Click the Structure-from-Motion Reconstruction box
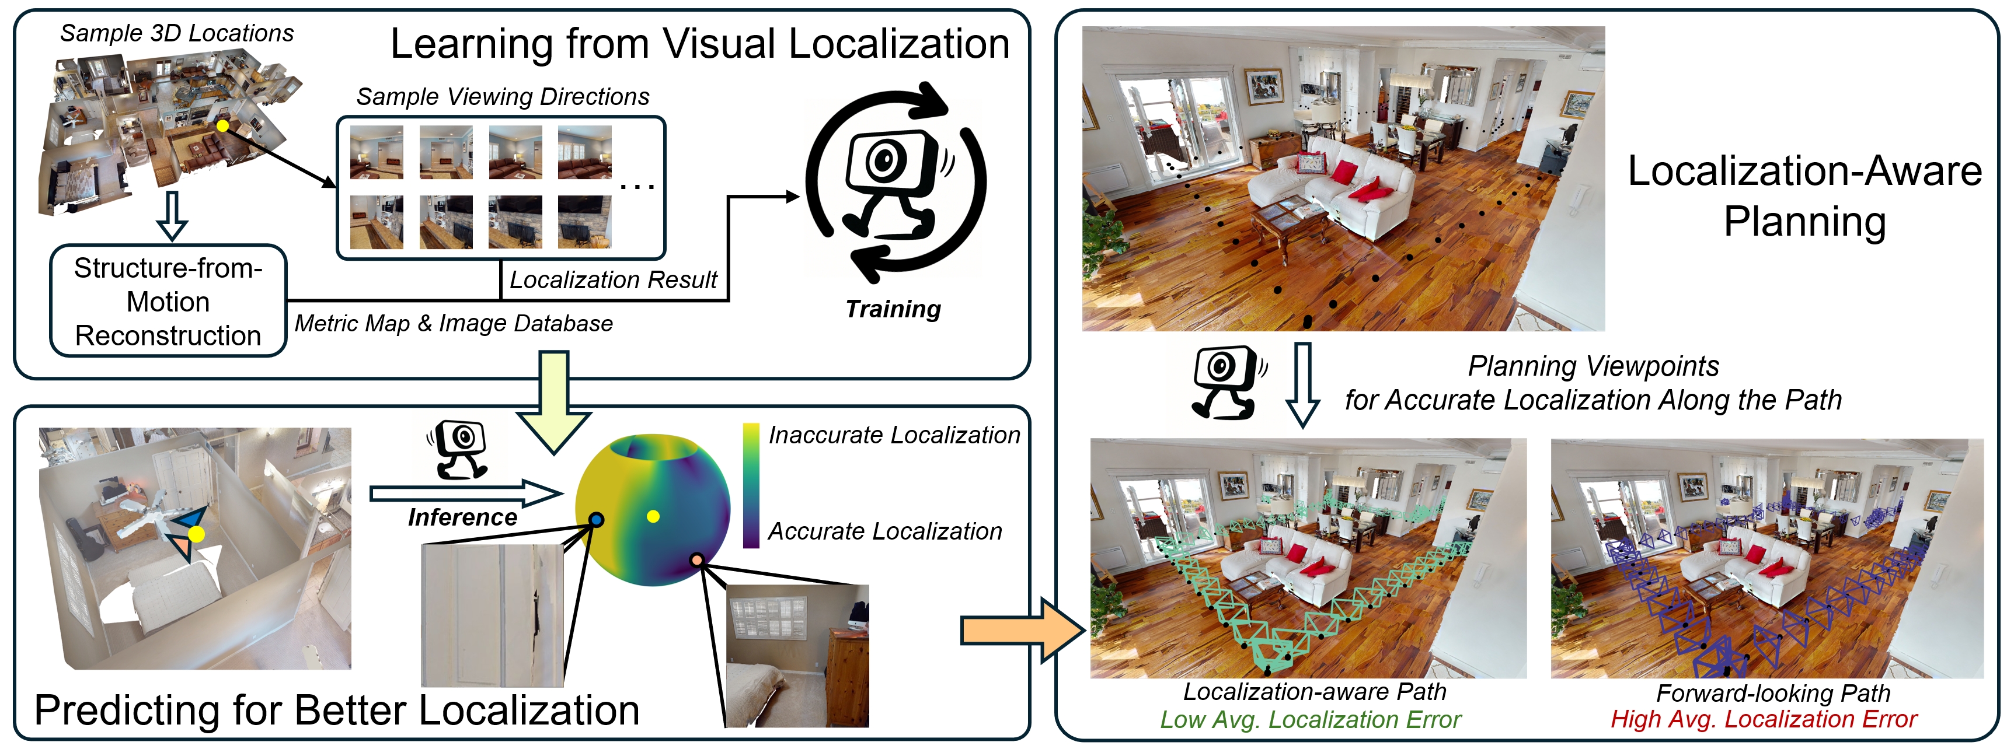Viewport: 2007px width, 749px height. [168, 302]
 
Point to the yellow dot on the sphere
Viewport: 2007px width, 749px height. [653, 516]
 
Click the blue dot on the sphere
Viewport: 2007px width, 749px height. [596, 519]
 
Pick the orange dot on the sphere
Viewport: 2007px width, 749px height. [696, 560]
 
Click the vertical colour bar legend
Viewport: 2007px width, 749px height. [751, 486]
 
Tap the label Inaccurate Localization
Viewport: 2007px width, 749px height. [894, 435]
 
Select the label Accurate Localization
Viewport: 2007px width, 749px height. [884, 532]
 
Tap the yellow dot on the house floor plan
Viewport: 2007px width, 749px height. [223, 125]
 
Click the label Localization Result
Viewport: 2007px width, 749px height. [613, 280]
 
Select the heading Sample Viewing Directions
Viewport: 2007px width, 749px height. [503, 97]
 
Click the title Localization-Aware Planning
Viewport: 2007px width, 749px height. [1804, 196]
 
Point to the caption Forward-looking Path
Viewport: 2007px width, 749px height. [1772, 693]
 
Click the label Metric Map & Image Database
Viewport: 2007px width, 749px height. [454, 323]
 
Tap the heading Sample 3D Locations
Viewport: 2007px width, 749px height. [177, 33]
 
